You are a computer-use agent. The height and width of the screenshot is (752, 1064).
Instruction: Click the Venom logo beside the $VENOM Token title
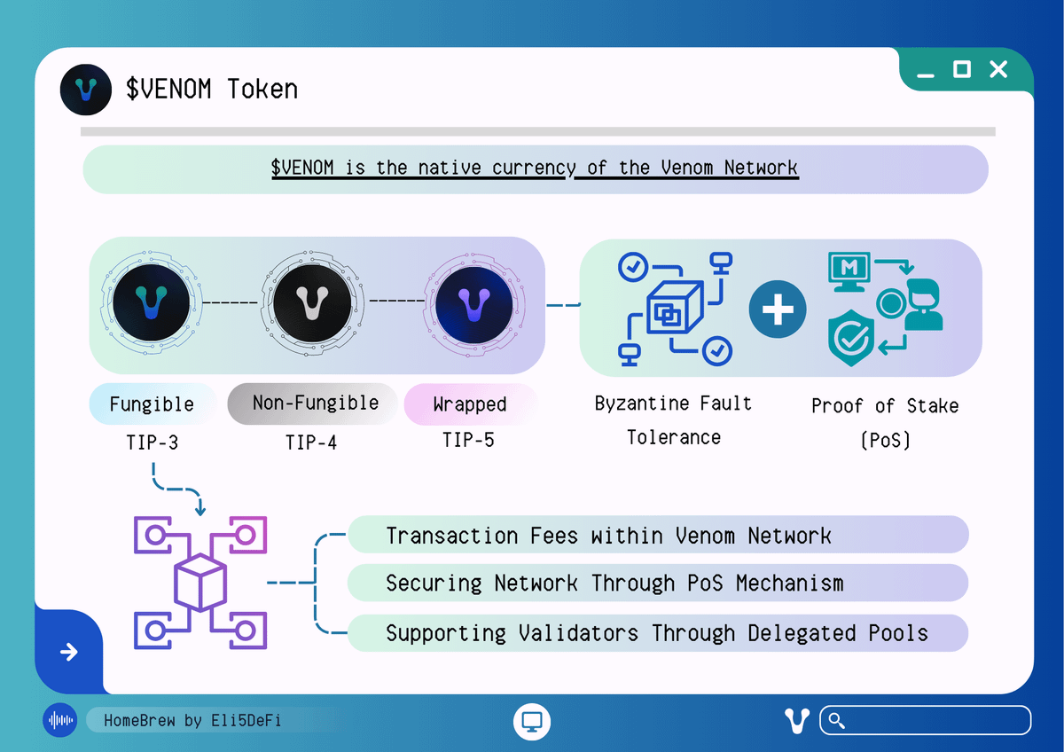pos(86,90)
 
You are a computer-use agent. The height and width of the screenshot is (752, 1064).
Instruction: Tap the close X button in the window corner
pos(998,69)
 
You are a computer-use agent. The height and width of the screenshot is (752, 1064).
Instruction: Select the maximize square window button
pos(962,69)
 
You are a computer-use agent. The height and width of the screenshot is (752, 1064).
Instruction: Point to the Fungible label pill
pos(152,404)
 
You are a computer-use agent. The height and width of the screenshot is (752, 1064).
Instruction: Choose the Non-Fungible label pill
pos(315,403)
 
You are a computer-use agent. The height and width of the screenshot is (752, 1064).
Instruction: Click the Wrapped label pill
pos(470,404)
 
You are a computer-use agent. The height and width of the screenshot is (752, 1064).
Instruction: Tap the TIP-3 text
pos(152,441)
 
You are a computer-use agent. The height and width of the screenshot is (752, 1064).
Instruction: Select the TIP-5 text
pos(468,439)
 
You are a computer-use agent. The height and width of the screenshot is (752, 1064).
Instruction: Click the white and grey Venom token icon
pos(309,303)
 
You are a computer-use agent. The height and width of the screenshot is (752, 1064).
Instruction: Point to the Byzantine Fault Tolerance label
pos(673,420)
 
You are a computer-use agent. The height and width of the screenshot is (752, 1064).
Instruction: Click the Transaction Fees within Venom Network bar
pos(657,536)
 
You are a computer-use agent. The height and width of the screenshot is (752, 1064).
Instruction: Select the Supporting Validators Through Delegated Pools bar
pos(657,633)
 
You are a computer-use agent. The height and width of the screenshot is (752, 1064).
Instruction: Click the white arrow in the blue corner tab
pos(68,653)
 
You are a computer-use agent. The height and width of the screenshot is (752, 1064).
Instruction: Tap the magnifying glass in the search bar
pos(835,721)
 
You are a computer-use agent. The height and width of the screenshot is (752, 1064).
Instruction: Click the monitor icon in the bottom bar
pos(532,720)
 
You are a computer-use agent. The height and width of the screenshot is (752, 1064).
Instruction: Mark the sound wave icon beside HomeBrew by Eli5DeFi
pos(60,721)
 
